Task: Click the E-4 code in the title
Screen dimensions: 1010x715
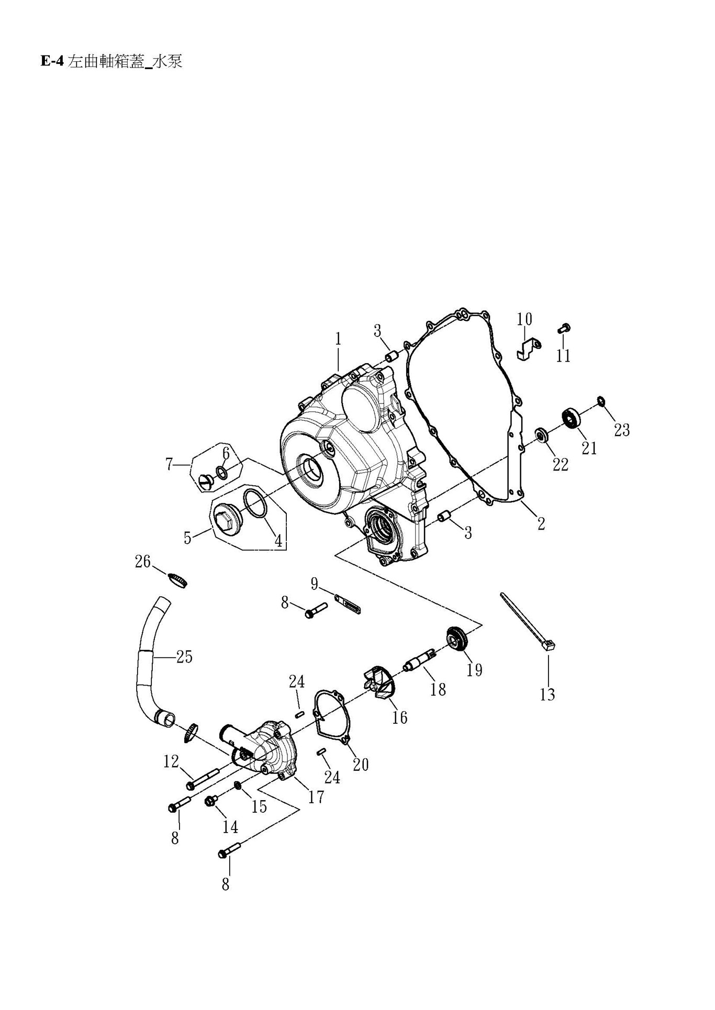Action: click(51, 62)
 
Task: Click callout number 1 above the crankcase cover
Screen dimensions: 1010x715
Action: click(338, 339)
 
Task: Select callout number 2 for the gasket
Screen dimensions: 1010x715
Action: click(541, 523)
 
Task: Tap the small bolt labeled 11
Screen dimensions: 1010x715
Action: click(564, 328)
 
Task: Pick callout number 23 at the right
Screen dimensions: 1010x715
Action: click(621, 430)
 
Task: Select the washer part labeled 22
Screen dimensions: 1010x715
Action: click(541, 434)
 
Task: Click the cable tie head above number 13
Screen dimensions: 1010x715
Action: click(549, 647)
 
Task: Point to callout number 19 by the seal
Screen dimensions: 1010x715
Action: click(474, 669)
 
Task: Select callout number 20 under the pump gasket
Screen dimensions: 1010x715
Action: click(361, 765)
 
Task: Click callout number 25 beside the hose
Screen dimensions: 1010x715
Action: click(184, 656)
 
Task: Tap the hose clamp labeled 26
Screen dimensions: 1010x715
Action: click(178, 580)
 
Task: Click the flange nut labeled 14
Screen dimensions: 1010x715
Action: click(212, 800)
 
